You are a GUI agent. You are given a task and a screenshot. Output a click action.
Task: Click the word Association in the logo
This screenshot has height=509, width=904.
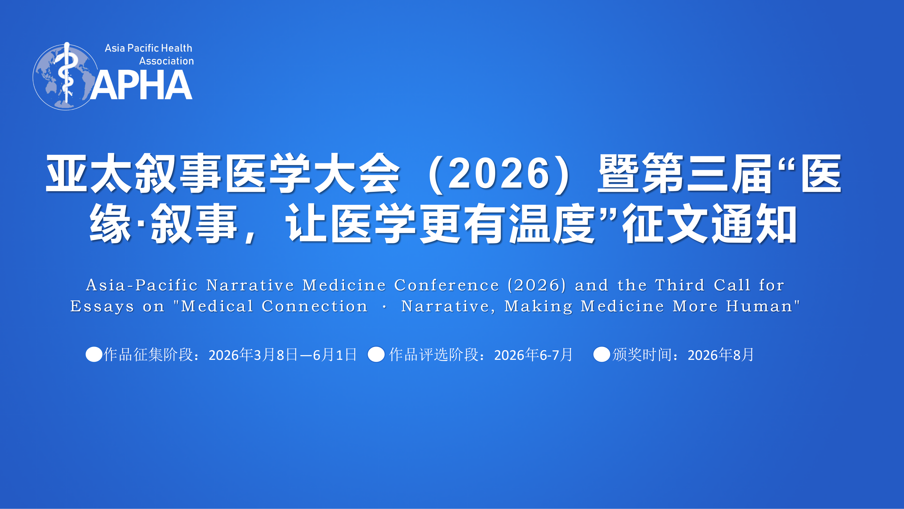coord(166,61)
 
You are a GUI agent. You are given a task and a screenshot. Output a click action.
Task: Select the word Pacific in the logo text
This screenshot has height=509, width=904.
coord(143,48)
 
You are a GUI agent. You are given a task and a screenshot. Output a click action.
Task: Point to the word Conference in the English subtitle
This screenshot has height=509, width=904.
coord(446,285)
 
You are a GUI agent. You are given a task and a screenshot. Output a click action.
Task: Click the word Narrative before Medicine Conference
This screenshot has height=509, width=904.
coord(250,285)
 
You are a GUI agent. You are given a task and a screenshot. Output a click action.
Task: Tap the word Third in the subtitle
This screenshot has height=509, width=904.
coord(680,285)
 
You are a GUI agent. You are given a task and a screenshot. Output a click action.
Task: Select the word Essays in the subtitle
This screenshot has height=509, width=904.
coord(102,306)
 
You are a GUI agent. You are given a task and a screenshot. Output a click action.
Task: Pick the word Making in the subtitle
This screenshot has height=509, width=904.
coord(538,306)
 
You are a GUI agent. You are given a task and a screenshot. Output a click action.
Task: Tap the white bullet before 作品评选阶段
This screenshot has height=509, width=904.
coord(376,354)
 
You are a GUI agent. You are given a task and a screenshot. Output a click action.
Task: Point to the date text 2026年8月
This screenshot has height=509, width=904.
coord(720,355)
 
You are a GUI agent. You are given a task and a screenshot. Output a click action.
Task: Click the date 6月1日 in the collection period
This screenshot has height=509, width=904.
coord(335,355)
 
